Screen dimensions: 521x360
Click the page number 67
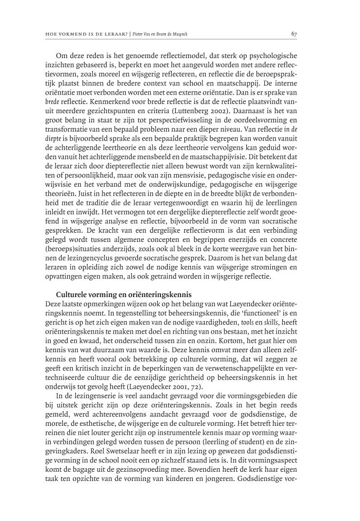click(294, 34)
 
